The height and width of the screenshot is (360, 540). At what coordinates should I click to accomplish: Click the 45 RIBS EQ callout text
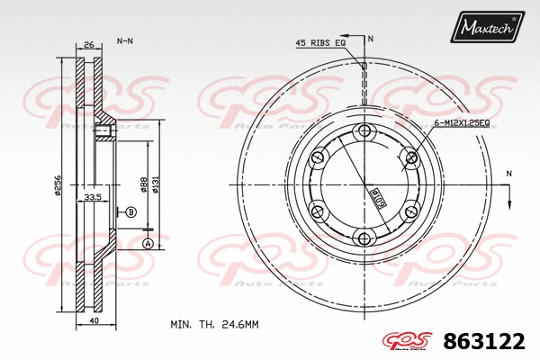(x=320, y=42)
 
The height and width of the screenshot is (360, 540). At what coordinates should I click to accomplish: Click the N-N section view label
(x=125, y=41)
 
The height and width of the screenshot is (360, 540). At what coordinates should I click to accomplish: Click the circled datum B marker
(x=130, y=212)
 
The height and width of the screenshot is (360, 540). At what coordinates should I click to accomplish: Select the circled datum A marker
(x=147, y=244)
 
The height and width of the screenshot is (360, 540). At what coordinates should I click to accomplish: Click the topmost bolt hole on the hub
(x=364, y=133)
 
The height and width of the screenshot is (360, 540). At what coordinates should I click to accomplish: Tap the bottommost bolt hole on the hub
(x=364, y=238)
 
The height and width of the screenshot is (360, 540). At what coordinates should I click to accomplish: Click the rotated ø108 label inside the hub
(x=372, y=192)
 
